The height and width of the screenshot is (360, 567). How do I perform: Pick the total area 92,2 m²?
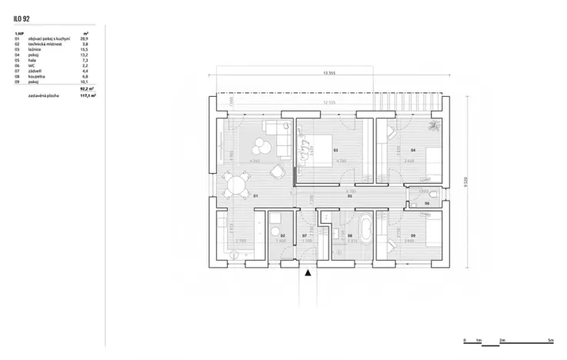86,90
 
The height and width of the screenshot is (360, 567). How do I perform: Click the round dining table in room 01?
235,185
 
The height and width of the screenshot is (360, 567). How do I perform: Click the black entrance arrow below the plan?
309,272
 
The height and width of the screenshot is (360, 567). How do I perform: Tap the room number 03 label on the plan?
336,150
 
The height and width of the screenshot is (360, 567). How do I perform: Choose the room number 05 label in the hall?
350,197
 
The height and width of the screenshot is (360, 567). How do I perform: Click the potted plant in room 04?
435,125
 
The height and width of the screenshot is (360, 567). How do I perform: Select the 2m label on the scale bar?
502,338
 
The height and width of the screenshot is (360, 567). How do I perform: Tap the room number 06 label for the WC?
427,203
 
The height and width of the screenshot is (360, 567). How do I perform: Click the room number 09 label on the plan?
413,235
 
